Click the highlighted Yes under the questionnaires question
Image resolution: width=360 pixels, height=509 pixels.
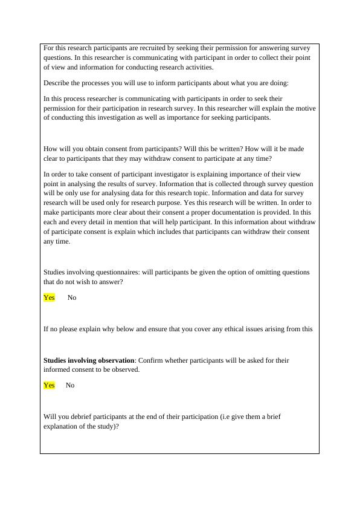(49, 297)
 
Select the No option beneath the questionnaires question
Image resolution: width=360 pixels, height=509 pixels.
(72, 297)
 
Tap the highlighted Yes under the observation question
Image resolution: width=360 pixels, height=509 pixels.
(49, 385)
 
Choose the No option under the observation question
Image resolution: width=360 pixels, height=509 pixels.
(70, 385)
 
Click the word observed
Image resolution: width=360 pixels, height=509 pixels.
(125, 369)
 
